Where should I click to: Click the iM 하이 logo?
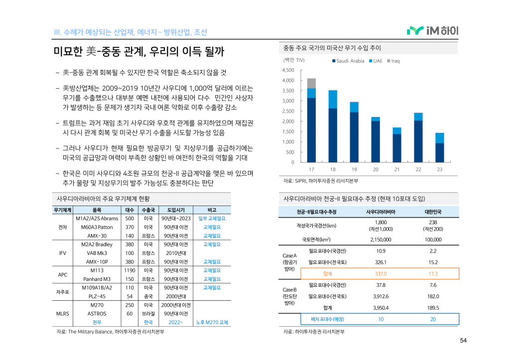point(432,31)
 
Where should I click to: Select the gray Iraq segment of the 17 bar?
point(312,83)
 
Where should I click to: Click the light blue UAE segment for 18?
point(333,99)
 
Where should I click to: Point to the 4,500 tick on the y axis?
point(288,70)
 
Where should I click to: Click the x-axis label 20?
point(376,170)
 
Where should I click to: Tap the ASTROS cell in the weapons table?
point(97,314)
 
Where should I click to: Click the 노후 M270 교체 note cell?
point(212,322)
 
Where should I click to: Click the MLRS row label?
point(63,314)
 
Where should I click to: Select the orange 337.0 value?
point(381,274)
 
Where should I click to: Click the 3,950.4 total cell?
point(381,308)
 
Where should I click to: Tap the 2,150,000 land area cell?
point(381,240)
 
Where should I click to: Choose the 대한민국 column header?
point(432,212)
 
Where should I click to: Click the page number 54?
point(463,341)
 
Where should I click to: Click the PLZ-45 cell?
point(97,296)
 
